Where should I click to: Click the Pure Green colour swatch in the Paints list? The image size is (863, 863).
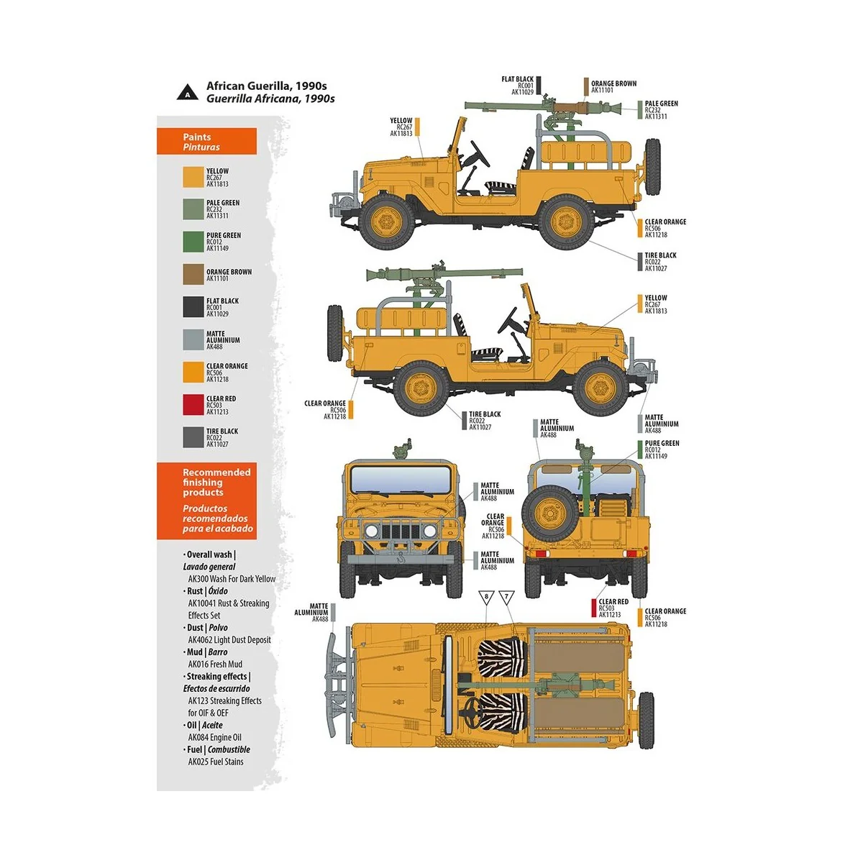(x=193, y=242)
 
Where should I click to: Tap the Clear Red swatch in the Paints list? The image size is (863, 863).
(x=193, y=405)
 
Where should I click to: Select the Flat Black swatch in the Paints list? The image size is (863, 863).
(x=193, y=307)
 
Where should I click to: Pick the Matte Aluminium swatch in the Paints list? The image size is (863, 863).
(x=193, y=339)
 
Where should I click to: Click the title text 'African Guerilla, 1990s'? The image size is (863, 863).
(x=266, y=86)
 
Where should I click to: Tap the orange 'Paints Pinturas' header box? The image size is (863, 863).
(x=206, y=142)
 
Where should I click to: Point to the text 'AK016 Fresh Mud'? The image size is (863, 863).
(x=215, y=665)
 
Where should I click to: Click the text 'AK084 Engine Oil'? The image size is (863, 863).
(x=214, y=738)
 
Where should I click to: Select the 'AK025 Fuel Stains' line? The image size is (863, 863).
(x=216, y=762)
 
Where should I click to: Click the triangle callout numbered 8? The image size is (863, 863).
(x=486, y=597)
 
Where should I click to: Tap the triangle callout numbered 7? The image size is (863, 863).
(x=506, y=597)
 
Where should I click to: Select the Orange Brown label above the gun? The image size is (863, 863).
(x=613, y=86)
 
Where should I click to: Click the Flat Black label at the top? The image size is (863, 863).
(x=518, y=86)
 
